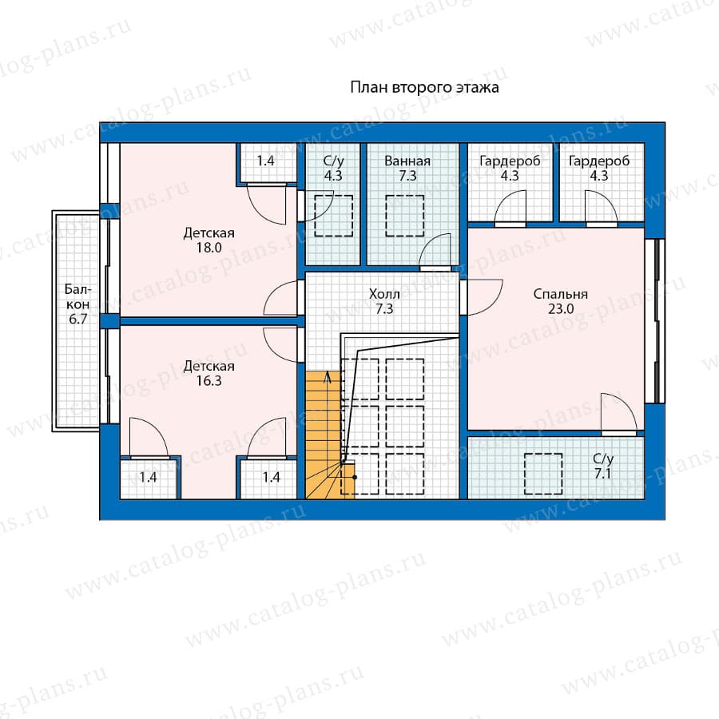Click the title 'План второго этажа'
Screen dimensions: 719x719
[x=424, y=86]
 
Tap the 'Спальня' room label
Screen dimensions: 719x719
[x=560, y=294]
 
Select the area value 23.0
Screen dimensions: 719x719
[x=560, y=308]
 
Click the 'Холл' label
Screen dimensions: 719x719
[x=384, y=294]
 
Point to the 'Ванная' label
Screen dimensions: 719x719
[x=407, y=161]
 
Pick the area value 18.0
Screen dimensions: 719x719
[x=209, y=248]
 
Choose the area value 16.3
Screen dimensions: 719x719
[x=209, y=380]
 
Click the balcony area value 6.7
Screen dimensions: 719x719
[x=77, y=319]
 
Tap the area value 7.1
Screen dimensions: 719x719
[x=602, y=473]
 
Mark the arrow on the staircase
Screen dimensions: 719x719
[x=328, y=378]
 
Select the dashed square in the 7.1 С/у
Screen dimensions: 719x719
[x=543, y=474]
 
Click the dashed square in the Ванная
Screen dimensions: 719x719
[x=404, y=216]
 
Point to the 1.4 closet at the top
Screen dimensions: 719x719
[x=265, y=161]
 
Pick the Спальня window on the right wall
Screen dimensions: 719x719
[x=655, y=321]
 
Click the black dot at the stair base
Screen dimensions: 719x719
[x=355, y=478]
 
